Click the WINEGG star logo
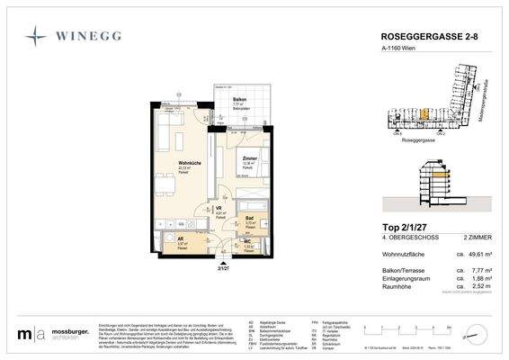[36, 36]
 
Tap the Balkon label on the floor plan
[239, 99]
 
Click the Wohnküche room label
[188, 163]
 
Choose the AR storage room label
[181, 238]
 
